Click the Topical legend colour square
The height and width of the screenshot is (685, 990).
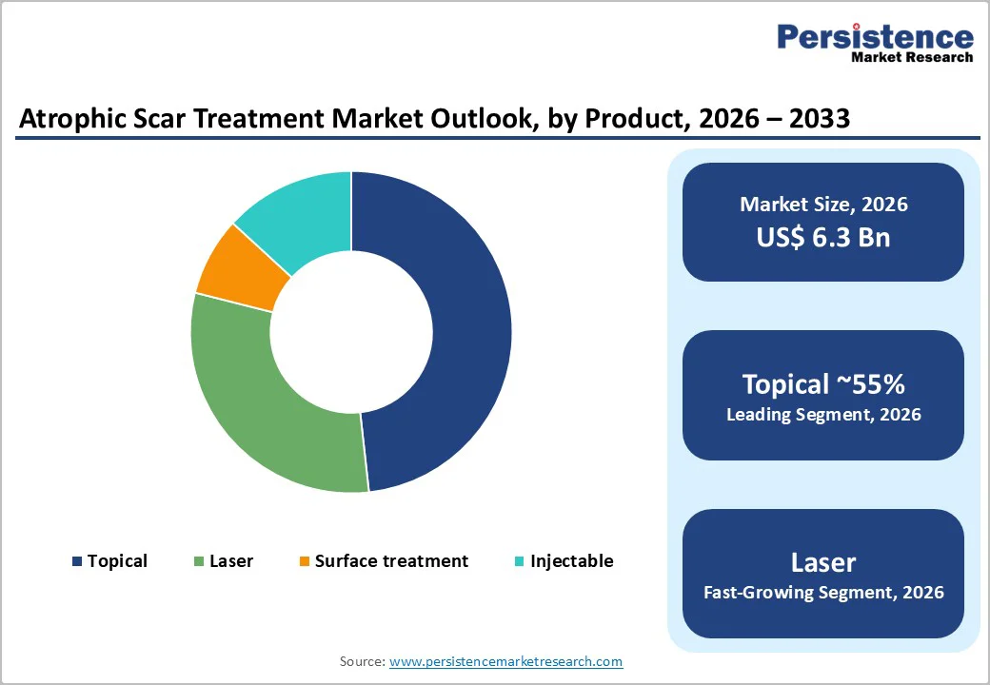coord(77,561)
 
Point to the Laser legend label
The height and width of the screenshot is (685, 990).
coord(231,561)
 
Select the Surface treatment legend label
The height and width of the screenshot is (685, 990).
coord(391,561)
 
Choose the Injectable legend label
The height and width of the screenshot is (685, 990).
coord(571,561)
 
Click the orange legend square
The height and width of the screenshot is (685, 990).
coord(305,561)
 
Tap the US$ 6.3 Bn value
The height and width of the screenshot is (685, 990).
coord(823,237)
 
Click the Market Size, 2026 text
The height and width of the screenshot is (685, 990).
coord(823,205)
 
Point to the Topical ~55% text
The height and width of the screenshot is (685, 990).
coord(823,384)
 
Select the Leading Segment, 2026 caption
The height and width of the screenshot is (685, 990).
coord(823,415)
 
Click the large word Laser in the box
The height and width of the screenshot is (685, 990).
coord(823,562)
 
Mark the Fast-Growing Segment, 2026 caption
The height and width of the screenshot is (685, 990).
coord(823,593)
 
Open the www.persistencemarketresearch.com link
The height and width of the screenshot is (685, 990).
coord(505,661)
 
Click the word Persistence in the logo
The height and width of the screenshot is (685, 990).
coord(875,37)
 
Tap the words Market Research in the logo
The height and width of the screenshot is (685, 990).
coord(912,57)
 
